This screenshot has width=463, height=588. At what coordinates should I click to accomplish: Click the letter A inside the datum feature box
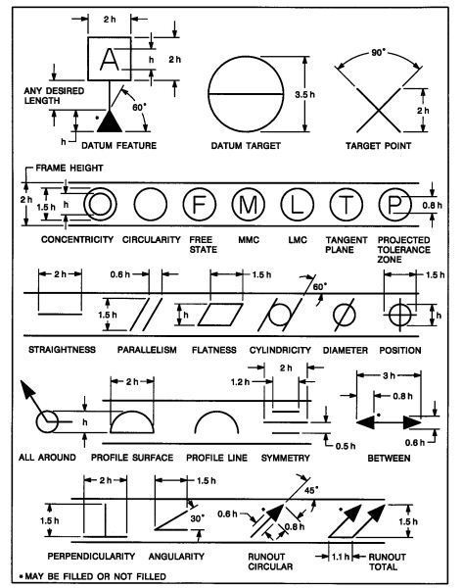(x=110, y=59)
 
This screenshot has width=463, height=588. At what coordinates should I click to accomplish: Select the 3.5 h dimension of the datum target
(x=305, y=94)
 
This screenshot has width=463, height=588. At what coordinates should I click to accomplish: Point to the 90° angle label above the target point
(x=379, y=53)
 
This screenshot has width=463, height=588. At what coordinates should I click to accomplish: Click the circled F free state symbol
(x=200, y=205)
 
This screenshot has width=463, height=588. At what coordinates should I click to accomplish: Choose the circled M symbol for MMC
(x=248, y=205)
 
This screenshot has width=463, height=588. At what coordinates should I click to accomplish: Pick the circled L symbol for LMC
(x=297, y=205)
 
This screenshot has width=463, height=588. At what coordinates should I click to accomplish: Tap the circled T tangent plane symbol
(x=347, y=205)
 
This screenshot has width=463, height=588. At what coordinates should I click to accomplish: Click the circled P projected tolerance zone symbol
(x=394, y=205)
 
